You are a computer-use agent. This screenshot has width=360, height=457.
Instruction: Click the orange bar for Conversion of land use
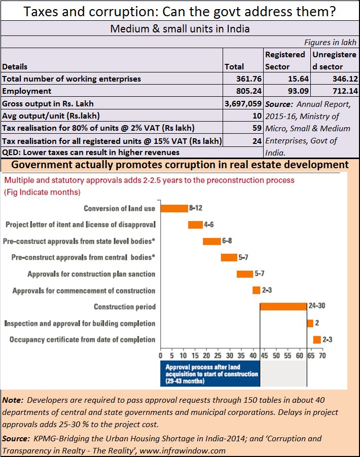[174, 208]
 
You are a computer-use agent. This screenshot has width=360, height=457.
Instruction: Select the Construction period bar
[283, 307]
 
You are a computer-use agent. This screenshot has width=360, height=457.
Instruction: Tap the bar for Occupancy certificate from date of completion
[317, 340]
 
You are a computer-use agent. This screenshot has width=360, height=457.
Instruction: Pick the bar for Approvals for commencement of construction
[256, 290]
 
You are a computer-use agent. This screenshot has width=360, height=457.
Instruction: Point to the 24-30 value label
[317, 306]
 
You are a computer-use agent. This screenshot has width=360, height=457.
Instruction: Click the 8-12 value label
[195, 208]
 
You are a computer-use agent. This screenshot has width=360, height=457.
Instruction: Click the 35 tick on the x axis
[241, 356]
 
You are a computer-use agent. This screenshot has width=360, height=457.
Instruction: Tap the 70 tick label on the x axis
[322, 356]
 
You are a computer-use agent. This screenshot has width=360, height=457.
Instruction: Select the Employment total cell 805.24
[249, 91]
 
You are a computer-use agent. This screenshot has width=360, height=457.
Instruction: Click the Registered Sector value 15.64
[298, 79]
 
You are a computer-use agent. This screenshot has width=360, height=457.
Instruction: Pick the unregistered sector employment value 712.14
[345, 91]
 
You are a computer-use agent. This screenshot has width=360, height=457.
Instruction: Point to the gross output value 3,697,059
[243, 103]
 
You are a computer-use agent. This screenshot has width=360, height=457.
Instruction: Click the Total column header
[234, 67]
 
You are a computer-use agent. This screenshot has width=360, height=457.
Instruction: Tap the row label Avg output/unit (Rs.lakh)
[51, 116]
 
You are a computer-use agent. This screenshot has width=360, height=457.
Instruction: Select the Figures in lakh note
[330, 43]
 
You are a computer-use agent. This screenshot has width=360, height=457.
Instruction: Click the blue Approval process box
[210, 373]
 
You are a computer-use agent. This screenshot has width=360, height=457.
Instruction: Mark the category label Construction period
[125, 307]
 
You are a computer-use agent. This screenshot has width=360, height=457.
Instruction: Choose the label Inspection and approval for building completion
[80, 324]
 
